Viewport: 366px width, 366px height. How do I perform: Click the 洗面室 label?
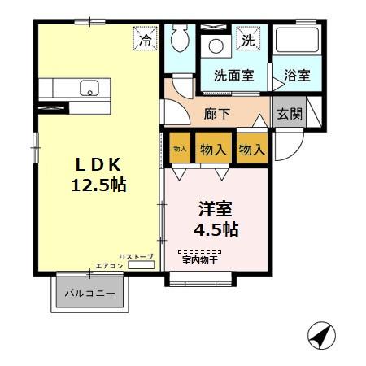[x=233, y=76]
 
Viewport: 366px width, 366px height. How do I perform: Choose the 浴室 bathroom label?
[x=297, y=76]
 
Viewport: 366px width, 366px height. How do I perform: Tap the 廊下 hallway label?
[x=217, y=113]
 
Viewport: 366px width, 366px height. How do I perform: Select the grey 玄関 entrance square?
[x=289, y=113]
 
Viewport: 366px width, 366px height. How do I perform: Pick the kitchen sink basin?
[x=88, y=88]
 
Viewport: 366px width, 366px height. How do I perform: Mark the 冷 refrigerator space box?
[x=146, y=39]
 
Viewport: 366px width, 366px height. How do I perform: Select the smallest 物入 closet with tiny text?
[x=180, y=149]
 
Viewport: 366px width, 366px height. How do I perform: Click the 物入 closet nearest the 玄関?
[x=252, y=149]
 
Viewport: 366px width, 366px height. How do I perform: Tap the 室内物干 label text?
[x=199, y=260]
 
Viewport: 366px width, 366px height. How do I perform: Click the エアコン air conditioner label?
[x=110, y=265]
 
